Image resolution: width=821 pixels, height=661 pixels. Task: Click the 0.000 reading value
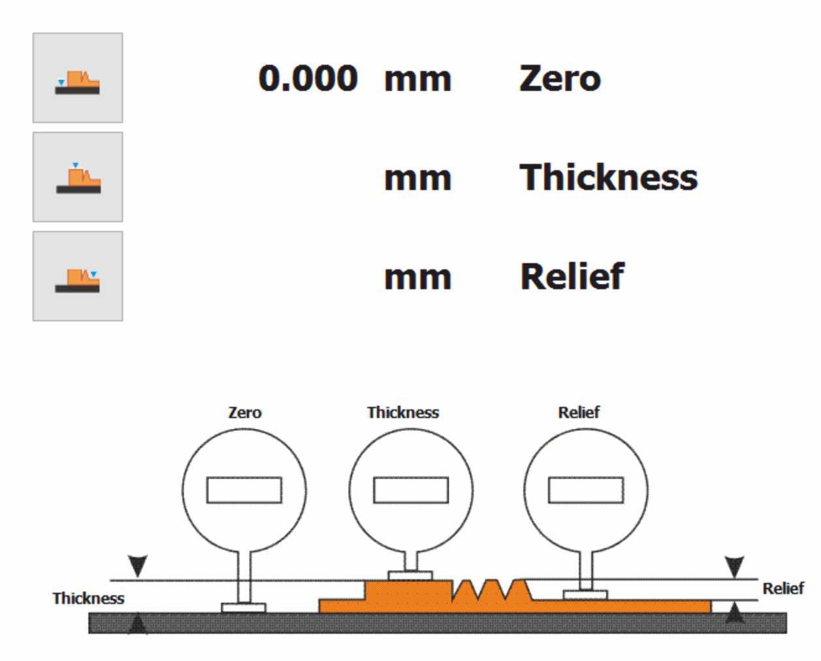pos(308,78)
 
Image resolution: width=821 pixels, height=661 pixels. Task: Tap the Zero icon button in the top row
pos(78,78)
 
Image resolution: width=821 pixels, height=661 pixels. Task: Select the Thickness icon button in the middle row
pos(78,177)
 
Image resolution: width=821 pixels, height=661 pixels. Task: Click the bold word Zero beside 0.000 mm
pos(560,78)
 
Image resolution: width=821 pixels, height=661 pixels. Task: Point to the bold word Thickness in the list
pos(608,177)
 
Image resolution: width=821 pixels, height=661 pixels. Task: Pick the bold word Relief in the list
pos(571,276)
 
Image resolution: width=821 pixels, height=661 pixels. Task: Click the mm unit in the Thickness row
pos(417,178)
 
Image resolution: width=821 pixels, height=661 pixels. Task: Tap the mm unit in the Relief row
pos(417,277)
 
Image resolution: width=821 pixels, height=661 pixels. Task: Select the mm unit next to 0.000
pos(417,79)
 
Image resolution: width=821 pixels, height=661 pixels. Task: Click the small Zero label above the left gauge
pos(245,413)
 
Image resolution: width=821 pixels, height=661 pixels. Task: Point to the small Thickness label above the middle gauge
pos(403,413)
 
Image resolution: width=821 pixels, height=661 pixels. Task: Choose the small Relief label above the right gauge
pos(579,413)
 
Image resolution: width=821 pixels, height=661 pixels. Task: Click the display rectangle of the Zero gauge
pos(244,490)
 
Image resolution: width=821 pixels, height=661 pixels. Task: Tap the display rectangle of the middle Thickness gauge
pos(411,490)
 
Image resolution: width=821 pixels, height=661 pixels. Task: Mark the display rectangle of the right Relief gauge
pos(586,490)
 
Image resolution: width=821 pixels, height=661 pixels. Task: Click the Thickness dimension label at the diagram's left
pos(88,598)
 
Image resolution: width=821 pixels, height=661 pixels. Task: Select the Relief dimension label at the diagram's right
pos(783,588)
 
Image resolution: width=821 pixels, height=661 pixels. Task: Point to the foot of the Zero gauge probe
pos(244,607)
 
